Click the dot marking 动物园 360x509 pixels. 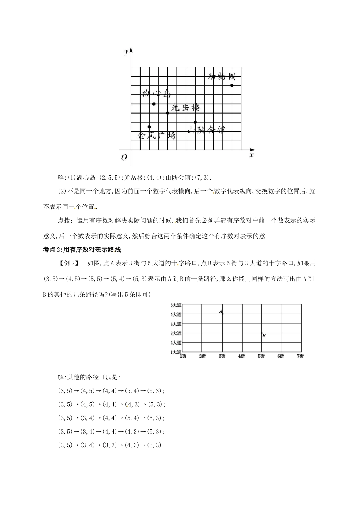click(232, 86)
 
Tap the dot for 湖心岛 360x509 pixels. click(154, 104)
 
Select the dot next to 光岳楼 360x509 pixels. click(167, 113)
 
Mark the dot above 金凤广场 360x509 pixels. click(149, 127)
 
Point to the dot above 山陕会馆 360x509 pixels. click(195, 122)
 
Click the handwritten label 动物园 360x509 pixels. click(222, 77)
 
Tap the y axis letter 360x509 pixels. click(126, 52)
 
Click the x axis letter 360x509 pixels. click(251, 155)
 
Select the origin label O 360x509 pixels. click(124, 158)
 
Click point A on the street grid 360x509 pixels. click(222, 314)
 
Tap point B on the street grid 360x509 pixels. click(262, 333)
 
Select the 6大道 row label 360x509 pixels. click(175, 305)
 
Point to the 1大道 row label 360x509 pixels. click(175, 352)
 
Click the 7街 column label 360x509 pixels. click(300, 356)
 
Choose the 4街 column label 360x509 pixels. click(241, 356)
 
